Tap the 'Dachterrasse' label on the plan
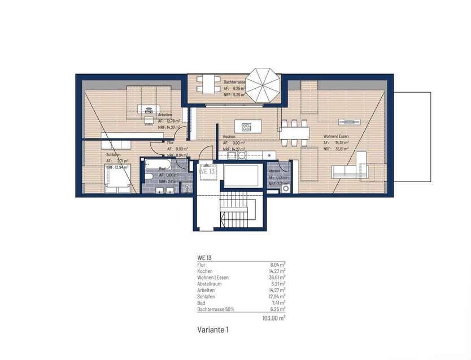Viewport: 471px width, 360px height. (x=234, y=83)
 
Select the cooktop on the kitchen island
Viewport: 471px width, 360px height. (x=247, y=126)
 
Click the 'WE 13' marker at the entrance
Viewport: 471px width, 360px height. (x=206, y=172)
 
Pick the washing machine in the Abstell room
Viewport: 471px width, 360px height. (x=286, y=189)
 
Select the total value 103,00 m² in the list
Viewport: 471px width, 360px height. (x=274, y=318)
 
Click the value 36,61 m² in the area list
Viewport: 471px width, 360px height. (x=277, y=277)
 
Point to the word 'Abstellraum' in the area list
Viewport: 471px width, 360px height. (x=210, y=284)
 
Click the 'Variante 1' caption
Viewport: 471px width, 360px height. (x=213, y=329)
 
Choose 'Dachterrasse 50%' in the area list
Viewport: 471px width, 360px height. (x=215, y=309)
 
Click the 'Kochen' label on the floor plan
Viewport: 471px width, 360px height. (x=229, y=137)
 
